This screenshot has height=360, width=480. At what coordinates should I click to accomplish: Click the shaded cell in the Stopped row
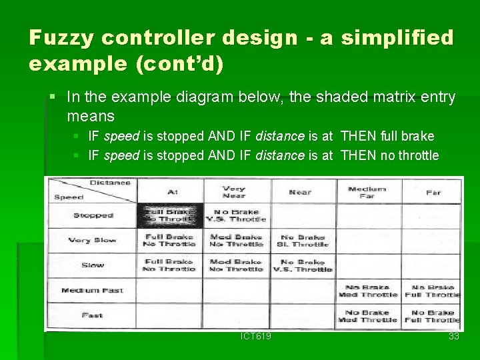[x=170, y=215]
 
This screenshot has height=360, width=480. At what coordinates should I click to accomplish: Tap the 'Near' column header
[x=300, y=192]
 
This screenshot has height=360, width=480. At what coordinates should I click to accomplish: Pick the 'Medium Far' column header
[x=367, y=192]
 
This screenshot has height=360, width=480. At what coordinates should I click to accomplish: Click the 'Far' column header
[x=433, y=192]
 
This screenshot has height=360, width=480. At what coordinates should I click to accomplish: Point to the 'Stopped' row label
[x=93, y=215]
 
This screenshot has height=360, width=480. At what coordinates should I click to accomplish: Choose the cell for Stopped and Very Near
[x=236, y=215]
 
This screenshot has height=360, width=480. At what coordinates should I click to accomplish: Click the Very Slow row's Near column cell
[x=303, y=241]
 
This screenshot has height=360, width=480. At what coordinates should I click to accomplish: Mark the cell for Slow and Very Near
[x=236, y=265]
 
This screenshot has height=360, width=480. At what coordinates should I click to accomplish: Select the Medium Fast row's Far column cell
[x=433, y=291]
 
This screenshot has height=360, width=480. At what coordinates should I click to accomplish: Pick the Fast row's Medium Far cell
[x=367, y=316]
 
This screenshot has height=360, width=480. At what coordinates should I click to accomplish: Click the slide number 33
[x=454, y=337]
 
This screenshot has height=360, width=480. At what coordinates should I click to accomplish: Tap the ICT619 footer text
[x=256, y=337]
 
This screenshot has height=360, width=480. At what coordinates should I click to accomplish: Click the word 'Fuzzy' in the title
[x=58, y=38]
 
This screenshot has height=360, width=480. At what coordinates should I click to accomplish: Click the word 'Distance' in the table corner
[x=110, y=182]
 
